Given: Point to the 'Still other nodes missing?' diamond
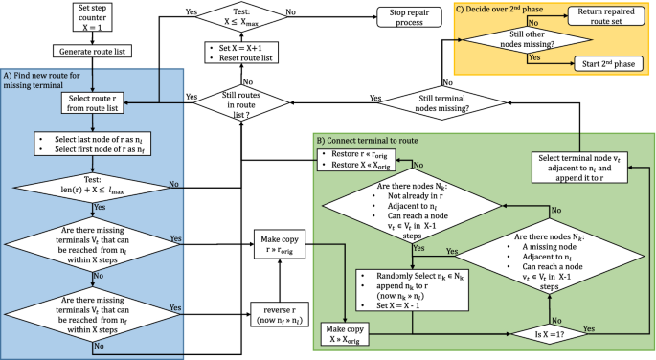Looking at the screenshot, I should (517, 38).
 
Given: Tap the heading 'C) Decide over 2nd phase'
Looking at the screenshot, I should (511, 8).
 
